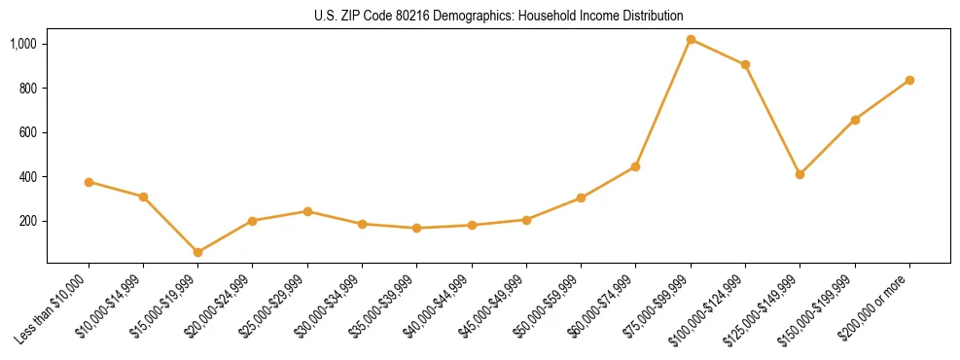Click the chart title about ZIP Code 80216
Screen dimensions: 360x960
[x=499, y=16]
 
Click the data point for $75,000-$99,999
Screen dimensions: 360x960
[x=691, y=40]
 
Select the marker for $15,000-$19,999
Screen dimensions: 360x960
[x=198, y=252]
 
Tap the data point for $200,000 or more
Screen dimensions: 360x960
[x=909, y=80]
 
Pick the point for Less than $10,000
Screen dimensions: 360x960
[x=89, y=182]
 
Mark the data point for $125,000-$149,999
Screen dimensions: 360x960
[x=800, y=174]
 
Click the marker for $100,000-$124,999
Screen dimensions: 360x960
[x=745, y=65]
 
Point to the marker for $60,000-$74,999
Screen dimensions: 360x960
[x=635, y=166]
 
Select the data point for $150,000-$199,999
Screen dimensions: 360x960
[x=855, y=120]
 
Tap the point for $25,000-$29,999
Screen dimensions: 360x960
[x=307, y=211]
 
